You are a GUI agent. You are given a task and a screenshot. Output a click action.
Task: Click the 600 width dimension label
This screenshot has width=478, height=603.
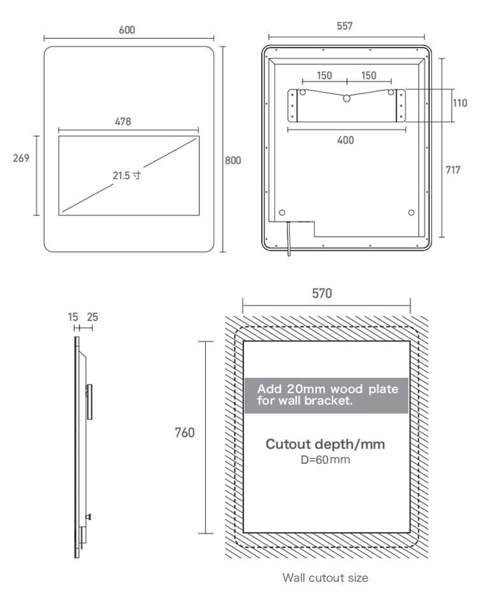pyautogui.click(x=127, y=29)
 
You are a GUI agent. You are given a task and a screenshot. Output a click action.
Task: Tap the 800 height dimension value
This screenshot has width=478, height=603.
pyautogui.click(x=233, y=160)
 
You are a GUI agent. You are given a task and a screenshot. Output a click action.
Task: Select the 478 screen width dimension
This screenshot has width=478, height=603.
pyautogui.click(x=123, y=122)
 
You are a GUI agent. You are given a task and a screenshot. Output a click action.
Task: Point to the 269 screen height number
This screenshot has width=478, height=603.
pyautogui.click(x=21, y=157)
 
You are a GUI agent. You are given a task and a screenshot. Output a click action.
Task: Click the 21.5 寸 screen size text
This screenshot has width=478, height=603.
pyautogui.click(x=127, y=175)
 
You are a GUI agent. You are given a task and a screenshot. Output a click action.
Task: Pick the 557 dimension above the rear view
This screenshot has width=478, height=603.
pyautogui.click(x=345, y=25)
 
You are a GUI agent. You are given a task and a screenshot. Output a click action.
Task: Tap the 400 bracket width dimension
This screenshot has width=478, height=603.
pyautogui.click(x=345, y=140)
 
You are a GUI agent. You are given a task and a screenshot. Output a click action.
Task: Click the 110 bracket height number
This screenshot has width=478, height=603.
pyautogui.click(x=460, y=103)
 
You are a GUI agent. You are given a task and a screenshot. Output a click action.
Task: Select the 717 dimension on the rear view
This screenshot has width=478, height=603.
pyautogui.click(x=453, y=170)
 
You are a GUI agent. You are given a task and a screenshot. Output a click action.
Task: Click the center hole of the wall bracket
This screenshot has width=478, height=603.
pyautogui.click(x=347, y=98)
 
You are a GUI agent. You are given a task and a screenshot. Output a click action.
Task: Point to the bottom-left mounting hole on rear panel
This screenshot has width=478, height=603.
pyautogui.click(x=282, y=213)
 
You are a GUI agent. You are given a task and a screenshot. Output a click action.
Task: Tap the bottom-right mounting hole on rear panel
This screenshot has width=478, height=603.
pyautogui.click(x=412, y=213)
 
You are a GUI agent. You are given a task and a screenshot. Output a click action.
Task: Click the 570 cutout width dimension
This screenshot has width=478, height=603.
pyautogui.click(x=322, y=293)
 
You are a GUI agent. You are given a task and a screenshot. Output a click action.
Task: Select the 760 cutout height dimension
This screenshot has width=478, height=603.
pyautogui.click(x=185, y=432)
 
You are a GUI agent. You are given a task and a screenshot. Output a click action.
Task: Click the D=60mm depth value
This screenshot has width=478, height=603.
pyautogui.click(x=325, y=459)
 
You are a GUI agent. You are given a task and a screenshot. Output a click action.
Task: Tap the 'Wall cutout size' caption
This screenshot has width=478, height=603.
pyautogui.click(x=325, y=578)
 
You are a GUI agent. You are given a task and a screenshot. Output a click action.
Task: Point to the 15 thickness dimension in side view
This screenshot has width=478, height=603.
pyautogui.click(x=73, y=317)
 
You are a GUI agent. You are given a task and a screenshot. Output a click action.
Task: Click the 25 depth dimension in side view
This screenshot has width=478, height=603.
pyautogui.click(x=92, y=317)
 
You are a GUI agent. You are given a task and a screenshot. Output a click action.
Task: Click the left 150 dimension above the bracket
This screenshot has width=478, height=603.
pyautogui.click(x=324, y=75)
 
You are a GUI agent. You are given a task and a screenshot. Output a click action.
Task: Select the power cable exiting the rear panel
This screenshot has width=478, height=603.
pyautogui.click(x=288, y=238)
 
